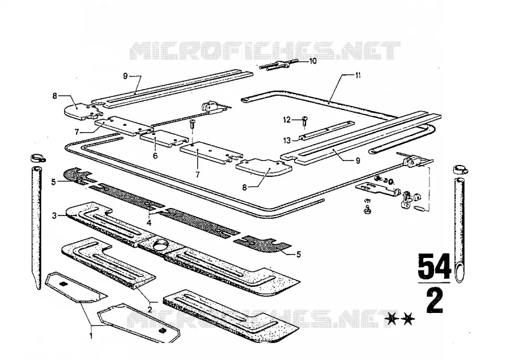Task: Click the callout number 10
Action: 313,61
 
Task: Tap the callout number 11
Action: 358,75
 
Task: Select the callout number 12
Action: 287,120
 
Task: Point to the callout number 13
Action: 287,140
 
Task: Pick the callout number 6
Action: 155,155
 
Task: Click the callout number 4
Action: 149,223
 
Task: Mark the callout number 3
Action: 54,215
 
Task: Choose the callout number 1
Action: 91,335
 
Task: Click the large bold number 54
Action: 435,266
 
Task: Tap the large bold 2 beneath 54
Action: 435,301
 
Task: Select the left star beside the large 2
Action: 392,319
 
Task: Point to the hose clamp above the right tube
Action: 460,170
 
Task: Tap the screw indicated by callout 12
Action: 305,122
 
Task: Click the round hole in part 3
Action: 160,245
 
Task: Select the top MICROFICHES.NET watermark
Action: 265,51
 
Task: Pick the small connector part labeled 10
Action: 279,65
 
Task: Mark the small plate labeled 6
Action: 164,138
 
